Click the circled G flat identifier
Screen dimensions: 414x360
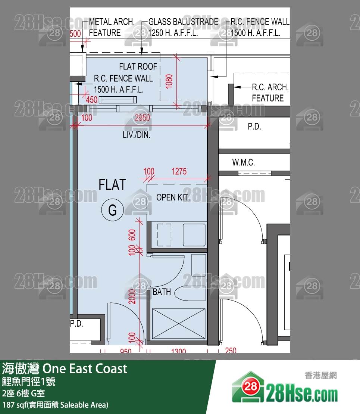point(112,210)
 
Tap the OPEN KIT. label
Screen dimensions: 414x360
point(173,197)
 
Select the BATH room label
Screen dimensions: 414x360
point(162,292)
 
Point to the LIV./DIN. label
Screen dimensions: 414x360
point(137,135)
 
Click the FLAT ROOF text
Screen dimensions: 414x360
point(138,66)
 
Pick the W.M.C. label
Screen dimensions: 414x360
point(243,162)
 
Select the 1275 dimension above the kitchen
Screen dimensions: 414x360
point(179,172)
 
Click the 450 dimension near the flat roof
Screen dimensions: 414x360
point(91,99)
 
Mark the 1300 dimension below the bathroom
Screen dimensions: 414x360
point(178,351)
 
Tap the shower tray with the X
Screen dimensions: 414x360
point(178,324)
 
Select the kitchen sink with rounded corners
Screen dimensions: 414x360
point(194,235)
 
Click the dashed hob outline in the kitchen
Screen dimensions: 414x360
point(164,235)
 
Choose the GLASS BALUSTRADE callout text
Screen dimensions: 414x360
point(183,27)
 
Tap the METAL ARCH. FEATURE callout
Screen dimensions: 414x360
point(112,27)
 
